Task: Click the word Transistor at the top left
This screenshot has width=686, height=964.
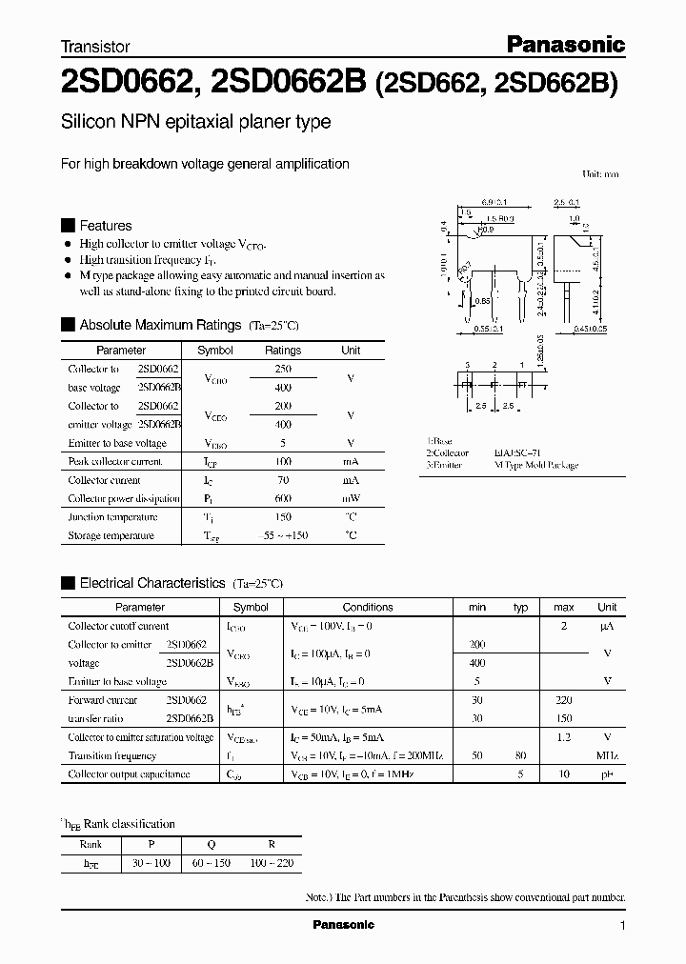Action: (x=95, y=46)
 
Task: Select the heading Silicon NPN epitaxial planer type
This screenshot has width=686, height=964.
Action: (x=195, y=122)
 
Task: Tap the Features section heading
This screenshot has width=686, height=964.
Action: (x=105, y=226)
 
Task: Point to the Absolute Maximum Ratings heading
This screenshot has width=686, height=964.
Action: (x=160, y=325)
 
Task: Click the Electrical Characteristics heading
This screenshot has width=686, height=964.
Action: (x=151, y=582)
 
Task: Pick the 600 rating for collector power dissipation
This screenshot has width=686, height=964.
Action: (x=283, y=498)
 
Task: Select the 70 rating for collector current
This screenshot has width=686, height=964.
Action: (x=283, y=480)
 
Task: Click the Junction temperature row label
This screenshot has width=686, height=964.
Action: (x=112, y=517)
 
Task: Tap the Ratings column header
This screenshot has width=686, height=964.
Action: (x=283, y=351)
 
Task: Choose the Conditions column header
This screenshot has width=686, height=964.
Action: (x=368, y=607)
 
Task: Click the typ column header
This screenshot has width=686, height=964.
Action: (x=520, y=607)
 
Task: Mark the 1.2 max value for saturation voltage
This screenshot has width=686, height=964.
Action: (x=563, y=737)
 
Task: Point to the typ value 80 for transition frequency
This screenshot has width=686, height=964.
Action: (x=520, y=755)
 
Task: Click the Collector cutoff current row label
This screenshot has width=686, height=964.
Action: (x=118, y=626)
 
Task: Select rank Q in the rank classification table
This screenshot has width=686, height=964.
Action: (x=225, y=844)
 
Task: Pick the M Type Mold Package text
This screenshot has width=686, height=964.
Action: (x=535, y=466)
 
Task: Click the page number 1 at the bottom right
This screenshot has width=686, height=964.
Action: (x=622, y=926)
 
